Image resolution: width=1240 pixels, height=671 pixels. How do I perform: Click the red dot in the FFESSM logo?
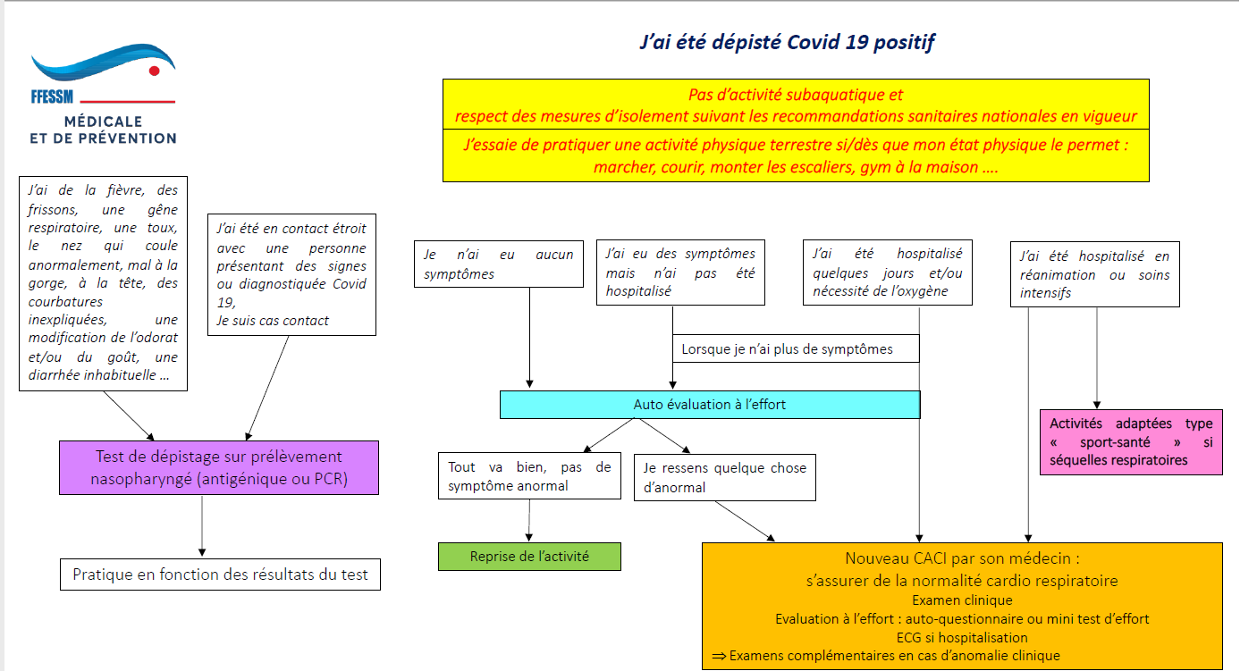point(154,70)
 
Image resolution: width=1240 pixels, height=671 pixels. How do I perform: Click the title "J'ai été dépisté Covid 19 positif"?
point(788,42)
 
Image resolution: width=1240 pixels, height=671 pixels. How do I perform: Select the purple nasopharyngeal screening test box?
point(219,467)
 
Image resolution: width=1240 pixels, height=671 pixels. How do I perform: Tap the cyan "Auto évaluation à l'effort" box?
point(709,405)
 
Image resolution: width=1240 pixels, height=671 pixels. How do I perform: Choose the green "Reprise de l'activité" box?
point(529,556)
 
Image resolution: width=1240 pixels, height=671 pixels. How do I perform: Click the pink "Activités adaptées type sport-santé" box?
point(1130,442)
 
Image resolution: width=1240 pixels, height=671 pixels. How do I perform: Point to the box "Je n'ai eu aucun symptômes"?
point(498,264)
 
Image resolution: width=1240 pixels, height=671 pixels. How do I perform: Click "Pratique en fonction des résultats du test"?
point(220,575)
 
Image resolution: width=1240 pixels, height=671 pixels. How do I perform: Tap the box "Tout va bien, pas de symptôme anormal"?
point(529,476)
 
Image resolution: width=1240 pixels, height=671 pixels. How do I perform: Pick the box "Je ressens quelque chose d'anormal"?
point(724,477)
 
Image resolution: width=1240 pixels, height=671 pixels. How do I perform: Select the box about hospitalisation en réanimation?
point(1094,274)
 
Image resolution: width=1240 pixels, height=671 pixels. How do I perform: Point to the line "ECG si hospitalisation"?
point(962,637)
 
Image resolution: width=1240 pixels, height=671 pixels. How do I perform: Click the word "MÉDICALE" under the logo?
point(103,121)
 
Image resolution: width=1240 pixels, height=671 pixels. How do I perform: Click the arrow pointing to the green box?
point(529,520)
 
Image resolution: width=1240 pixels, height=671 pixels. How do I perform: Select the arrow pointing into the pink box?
point(1097,375)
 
